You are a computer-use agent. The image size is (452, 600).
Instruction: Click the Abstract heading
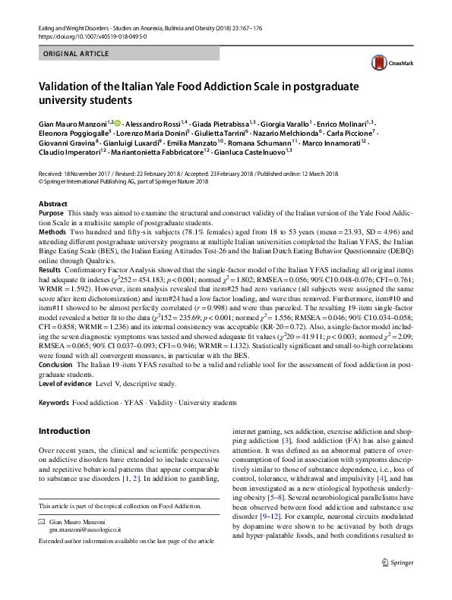pyautogui.click(x=53, y=205)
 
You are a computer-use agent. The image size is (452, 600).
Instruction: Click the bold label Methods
pyautogui.click(x=52, y=233)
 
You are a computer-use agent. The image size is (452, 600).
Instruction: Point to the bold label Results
pyautogui.click(x=50, y=269)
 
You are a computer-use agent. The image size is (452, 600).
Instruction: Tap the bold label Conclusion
pyautogui.click(x=56, y=365)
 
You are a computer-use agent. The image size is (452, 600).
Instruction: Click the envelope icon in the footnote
pyautogui.click(x=43, y=523)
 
